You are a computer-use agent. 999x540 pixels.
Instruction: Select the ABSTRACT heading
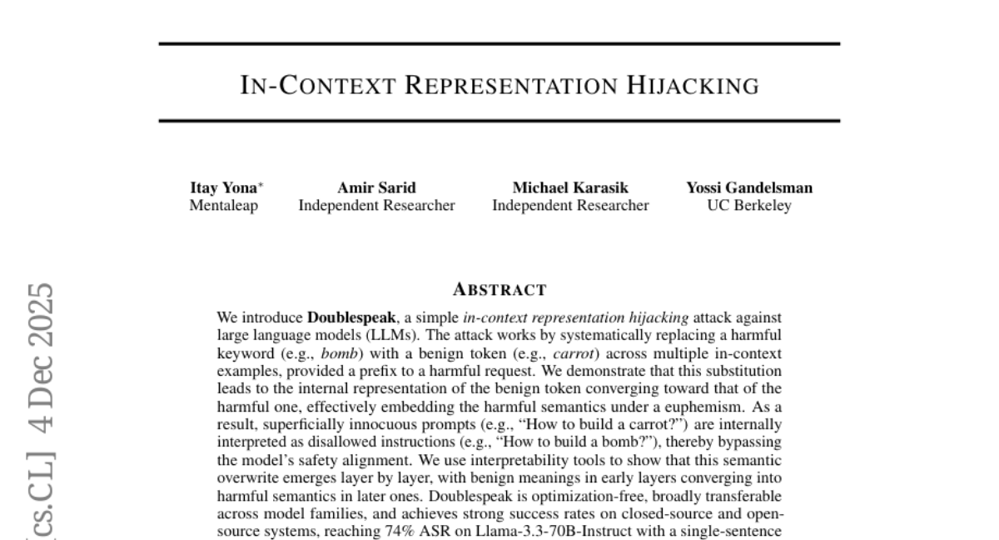499,290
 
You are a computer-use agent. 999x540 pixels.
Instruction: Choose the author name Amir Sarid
376,188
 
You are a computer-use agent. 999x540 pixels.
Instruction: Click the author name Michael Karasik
570,188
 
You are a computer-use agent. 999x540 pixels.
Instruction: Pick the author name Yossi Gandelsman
749,188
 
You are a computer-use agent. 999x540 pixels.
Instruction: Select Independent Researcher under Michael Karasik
570,206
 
